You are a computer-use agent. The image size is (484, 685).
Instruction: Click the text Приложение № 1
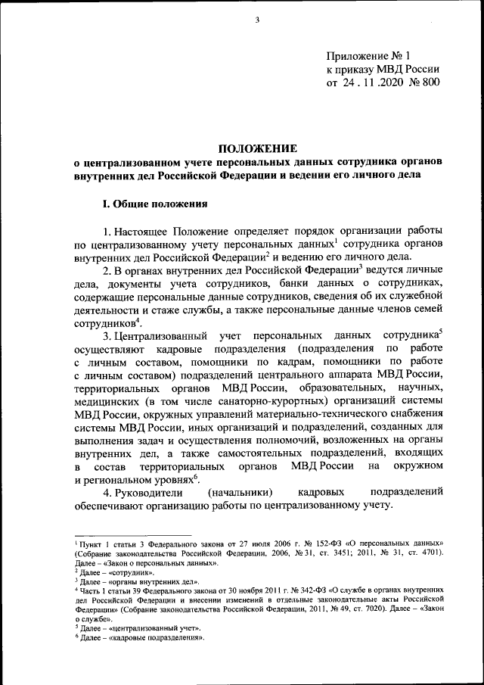367,56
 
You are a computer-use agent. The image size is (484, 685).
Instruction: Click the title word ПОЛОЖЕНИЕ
256,148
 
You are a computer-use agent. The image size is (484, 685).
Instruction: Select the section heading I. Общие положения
150,204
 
